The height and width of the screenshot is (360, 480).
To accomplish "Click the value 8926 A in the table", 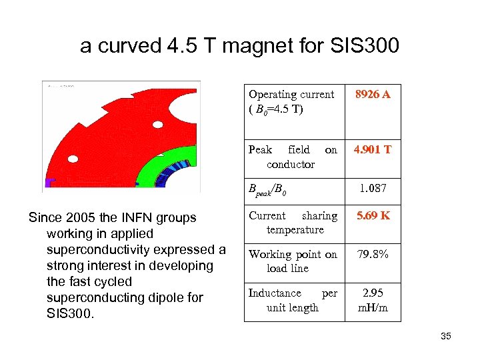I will click(373, 95).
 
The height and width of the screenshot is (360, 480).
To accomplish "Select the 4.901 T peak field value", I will click(373, 150).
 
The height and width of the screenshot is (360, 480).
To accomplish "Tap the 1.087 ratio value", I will click(373, 189).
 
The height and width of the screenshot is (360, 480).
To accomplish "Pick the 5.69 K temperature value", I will click(373, 216).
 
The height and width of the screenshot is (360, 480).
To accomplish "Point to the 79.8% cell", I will click(373, 255).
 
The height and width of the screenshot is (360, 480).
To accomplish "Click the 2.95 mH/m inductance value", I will click(373, 300).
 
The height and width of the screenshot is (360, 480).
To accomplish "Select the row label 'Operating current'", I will click(291, 95).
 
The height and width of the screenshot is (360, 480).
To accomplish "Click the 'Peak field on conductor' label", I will click(292, 157).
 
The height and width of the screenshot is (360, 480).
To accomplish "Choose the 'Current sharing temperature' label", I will click(292, 223).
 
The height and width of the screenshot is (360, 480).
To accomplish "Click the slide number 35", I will click(445, 336).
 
